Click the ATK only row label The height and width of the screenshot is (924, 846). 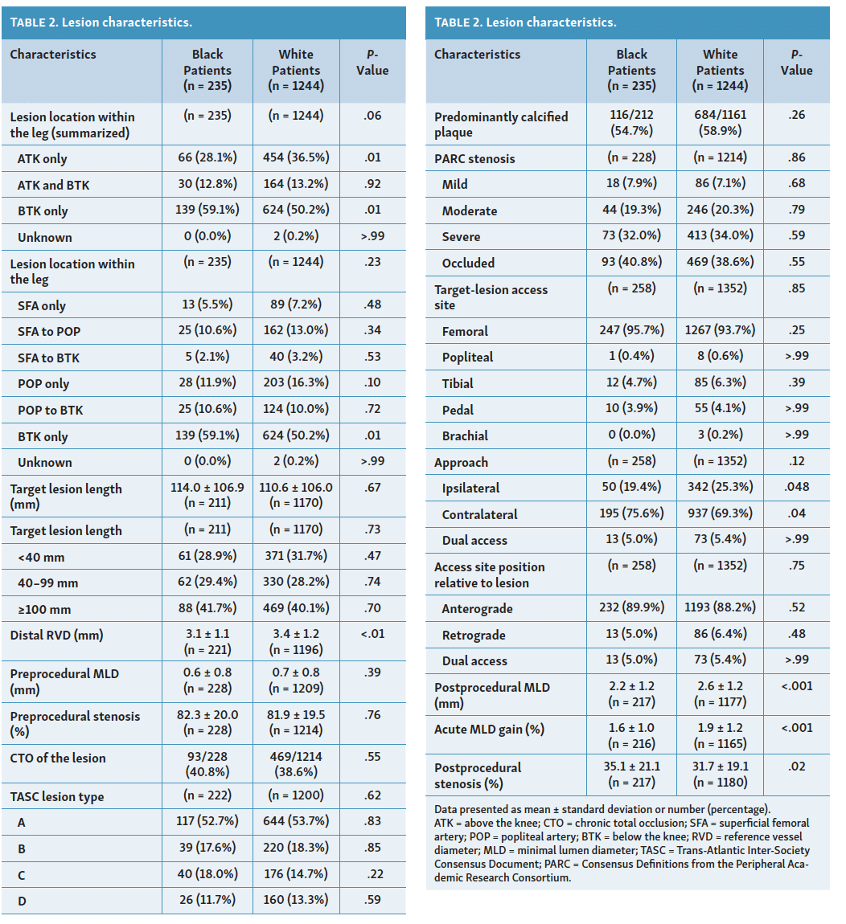tap(43, 159)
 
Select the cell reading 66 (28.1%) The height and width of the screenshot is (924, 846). tap(207, 157)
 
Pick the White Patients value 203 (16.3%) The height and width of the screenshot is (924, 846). tap(296, 382)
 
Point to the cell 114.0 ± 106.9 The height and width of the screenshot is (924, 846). tap(207, 488)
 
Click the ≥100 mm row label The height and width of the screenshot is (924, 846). tap(44, 609)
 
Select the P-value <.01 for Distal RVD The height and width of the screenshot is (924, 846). tap(372, 634)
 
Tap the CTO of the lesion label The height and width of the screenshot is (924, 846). tap(58, 758)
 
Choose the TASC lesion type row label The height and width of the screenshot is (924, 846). tap(57, 797)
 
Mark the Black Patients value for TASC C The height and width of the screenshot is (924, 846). tap(207, 874)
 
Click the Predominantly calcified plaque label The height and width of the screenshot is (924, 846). tap(501, 125)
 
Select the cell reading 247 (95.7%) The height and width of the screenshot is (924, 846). tap(632, 330)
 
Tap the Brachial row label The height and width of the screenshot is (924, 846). tap(465, 436)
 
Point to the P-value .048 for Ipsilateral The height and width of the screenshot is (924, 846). tap(796, 487)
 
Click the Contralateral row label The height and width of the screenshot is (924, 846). tap(479, 515)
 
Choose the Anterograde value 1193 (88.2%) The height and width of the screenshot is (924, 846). tap(720, 607)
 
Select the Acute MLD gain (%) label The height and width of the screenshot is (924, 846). tap(489, 730)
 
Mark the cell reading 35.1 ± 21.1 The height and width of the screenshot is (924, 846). tap(632, 767)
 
